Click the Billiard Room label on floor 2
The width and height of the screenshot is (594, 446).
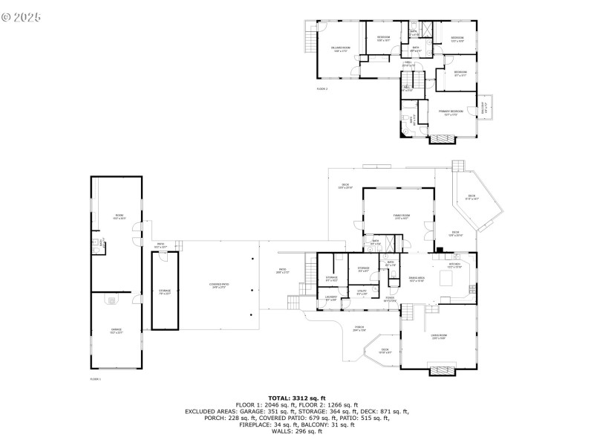pyautogui.click(x=340, y=50)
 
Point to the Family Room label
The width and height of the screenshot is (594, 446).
pyautogui.click(x=402, y=217)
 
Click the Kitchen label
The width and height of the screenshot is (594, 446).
pyautogui.click(x=454, y=265)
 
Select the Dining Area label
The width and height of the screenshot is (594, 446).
pyautogui.click(x=417, y=279)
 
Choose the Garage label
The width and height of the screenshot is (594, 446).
pyautogui.click(x=116, y=330)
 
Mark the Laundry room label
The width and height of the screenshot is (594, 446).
pyautogui.click(x=331, y=298)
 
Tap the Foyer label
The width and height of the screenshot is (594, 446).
pyautogui.click(x=390, y=298)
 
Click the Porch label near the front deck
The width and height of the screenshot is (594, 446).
pyautogui.click(x=359, y=327)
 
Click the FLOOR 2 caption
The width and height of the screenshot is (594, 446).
pyautogui.click(x=322, y=88)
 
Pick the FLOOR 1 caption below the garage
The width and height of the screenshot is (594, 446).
pyautogui.click(x=95, y=378)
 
